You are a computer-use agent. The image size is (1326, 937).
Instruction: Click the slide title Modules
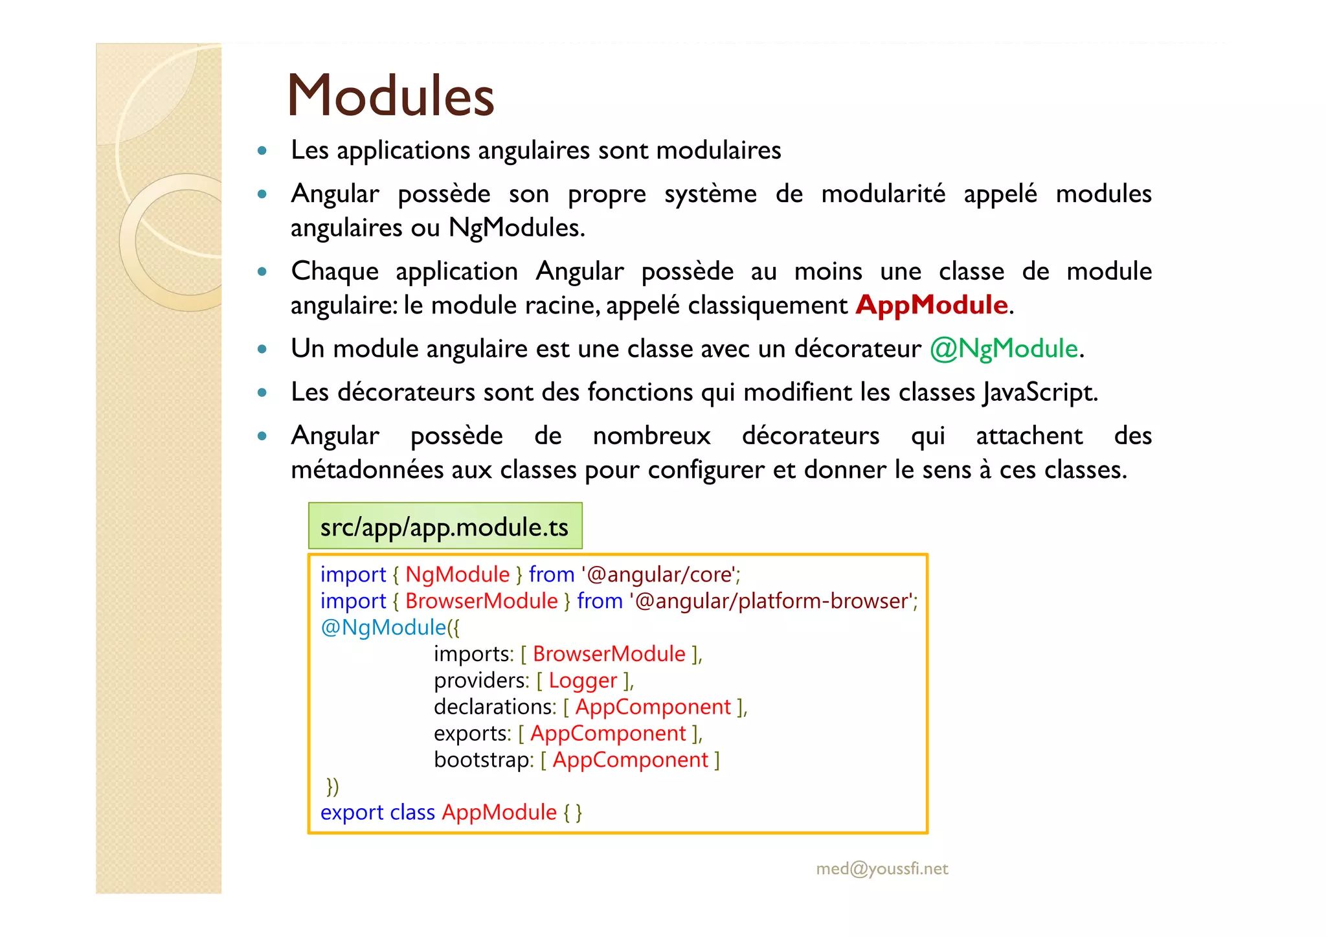(390, 96)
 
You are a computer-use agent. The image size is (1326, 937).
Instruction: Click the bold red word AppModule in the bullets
(931, 305)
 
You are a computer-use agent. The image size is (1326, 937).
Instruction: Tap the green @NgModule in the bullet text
(1004, 349)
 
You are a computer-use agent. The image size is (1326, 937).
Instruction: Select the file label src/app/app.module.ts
(444, 527)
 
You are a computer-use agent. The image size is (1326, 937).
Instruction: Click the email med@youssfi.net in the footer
(882, 868)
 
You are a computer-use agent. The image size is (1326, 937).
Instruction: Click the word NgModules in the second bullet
(515, 228)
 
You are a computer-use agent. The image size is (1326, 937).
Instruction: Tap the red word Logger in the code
(583, 681)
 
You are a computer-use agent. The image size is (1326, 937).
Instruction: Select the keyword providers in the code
(481, 681)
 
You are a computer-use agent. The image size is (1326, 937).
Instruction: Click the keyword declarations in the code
(495, 707)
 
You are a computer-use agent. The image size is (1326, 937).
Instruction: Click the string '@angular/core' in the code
(660, 575)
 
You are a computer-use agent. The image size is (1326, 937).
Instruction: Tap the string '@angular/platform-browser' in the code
(772, 602)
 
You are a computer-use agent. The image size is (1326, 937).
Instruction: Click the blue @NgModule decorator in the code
(383, 627)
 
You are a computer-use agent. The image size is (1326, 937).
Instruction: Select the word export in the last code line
(352, 812)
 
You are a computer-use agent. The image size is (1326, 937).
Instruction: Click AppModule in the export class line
(499, 812)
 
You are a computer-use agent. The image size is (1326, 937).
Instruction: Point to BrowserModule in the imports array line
(609, 654)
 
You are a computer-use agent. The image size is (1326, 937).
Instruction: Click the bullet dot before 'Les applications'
(262, 151)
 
